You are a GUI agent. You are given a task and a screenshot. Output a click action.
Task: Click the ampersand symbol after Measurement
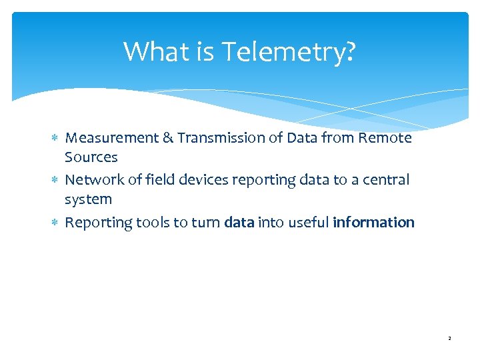[x=168, y=138]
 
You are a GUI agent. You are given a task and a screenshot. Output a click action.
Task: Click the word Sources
[x=91, y=158]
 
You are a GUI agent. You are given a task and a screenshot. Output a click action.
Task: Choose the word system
[x=88, y=200]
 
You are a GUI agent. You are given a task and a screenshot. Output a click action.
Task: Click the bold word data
[x=239, y=222]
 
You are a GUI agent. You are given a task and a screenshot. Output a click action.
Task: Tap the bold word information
[x=373, y=222]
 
